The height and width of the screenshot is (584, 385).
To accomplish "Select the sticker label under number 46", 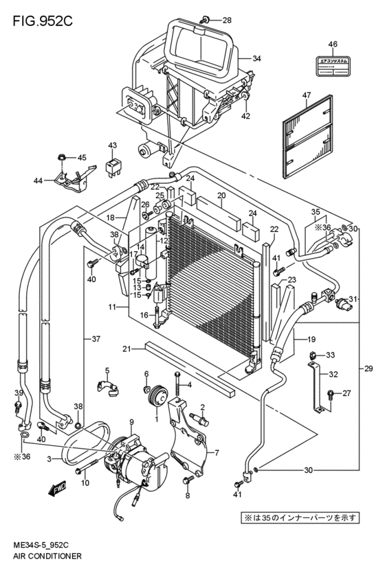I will (333, 62).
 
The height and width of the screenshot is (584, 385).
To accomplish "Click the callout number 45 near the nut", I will (82, 158).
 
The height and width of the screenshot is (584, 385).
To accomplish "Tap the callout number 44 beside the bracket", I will (38, 181).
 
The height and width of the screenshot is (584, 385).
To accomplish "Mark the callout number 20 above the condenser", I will (221, 196).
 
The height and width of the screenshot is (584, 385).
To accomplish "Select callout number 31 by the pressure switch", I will (353, 299).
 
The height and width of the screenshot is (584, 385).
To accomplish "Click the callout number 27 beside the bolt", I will (346, 393).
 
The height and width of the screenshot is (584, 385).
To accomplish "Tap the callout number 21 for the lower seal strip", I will (126, 349).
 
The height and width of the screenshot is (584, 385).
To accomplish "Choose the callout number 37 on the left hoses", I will (97, 338).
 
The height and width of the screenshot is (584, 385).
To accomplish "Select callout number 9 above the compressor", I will (131, 421).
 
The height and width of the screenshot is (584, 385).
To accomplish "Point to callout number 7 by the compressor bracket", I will (216, 453).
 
